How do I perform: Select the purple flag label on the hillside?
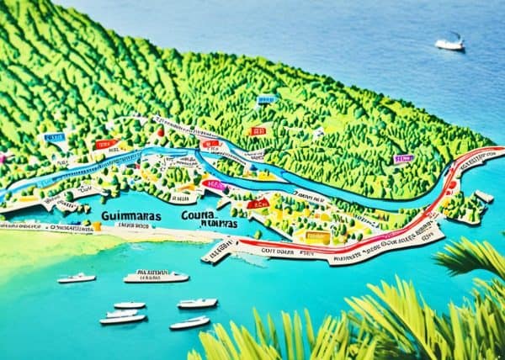403,158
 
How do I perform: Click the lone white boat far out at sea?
449,43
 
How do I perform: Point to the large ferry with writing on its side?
156,276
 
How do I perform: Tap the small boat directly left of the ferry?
77,278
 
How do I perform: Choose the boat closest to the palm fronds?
189,323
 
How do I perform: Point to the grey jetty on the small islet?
484,197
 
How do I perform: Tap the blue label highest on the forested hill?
266,100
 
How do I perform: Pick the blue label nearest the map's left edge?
55,137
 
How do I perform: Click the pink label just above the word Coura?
214,185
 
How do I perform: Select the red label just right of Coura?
258,204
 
